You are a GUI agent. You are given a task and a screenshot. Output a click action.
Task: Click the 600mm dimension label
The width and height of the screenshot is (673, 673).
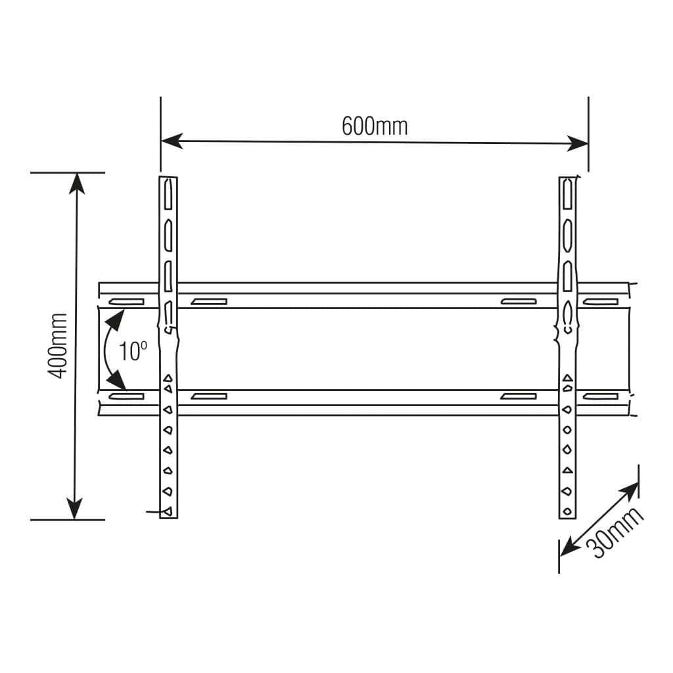point(375,126)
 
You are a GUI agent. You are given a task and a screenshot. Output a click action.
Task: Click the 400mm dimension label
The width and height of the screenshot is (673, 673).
point(58,346)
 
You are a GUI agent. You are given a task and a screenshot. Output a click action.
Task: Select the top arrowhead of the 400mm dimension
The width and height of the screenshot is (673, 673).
point(78,183)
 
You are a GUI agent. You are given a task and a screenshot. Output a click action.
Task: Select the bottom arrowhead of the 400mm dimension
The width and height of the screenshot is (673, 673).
point(76,509)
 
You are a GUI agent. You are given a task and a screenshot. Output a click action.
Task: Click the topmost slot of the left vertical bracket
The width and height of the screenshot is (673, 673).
point(169,194)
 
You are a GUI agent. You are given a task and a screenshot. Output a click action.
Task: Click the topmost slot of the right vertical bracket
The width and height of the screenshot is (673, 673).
point(568,195)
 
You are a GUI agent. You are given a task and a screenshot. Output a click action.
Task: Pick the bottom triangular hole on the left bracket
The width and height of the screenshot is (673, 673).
point(168,511)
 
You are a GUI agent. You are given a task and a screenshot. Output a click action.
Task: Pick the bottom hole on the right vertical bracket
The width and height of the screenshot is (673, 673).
point(565,510)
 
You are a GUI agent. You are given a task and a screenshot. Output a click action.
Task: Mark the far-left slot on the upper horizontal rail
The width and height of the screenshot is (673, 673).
point(128,302)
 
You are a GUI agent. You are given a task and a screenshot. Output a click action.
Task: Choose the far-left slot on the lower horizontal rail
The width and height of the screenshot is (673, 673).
point(128,396)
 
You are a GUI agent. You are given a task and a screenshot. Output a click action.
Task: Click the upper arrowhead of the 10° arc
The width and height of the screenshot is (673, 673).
point(116,320)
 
